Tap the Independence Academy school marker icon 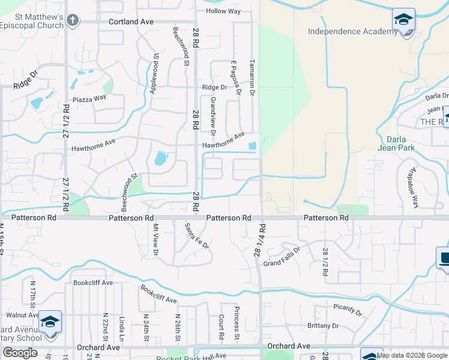point(403,20)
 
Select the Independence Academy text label point(352,31)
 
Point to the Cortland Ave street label point(131,21)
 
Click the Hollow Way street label point(223,11)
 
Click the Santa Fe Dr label point(196,236)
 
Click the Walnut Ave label point(22,314)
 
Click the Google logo point(20,352)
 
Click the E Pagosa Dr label point(236,77)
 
